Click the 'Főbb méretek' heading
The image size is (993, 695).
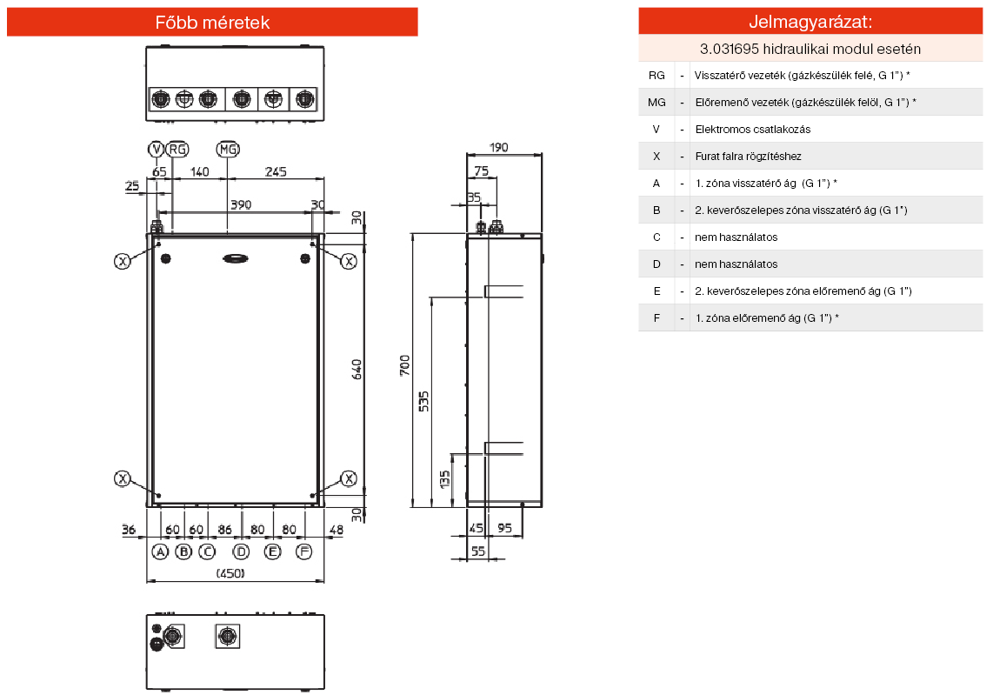coord(212,23)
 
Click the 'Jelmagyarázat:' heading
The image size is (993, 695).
coord(810,22)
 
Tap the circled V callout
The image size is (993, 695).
coord(157,150)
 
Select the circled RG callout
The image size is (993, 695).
coord(177,150)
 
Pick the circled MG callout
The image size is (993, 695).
coord(228,150)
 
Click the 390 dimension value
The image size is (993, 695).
coord(240,204)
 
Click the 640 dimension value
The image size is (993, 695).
coord(357,369)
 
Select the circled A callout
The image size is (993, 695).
coord(160,551)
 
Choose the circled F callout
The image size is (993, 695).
coord(303,551)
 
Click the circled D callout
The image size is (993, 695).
coord(241,551)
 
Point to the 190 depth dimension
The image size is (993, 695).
coord(498,148)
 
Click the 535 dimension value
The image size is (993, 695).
coord(424,400)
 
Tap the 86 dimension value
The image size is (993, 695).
coord(225,529)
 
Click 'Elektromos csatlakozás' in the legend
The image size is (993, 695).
coord(752,130)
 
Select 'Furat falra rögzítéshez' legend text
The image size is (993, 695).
coord(748,157)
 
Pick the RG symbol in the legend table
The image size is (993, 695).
coord(656,76)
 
